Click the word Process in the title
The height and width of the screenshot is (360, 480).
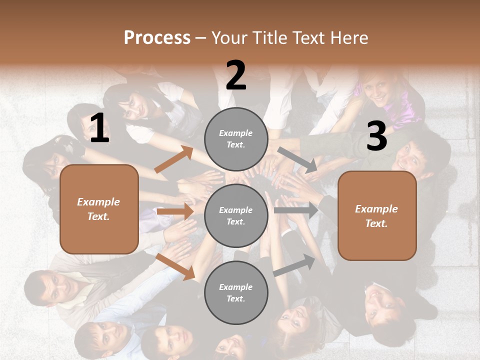click(157, 38)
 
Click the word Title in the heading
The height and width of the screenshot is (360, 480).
click(268, 38)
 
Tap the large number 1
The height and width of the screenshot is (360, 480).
click(99, 128)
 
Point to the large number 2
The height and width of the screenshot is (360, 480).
click(236, 75)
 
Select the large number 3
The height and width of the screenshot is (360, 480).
click(376, 136)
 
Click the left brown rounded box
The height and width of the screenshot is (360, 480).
click(99, 209)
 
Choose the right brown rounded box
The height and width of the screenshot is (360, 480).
click(377, 216)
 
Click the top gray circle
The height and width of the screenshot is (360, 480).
click(236, 139)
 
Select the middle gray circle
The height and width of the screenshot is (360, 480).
click(236, 216)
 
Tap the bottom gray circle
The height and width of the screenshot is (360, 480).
click(236, 293)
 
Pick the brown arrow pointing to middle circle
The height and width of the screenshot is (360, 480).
click(175, 211)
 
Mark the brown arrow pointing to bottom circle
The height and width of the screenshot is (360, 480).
click(175, 266)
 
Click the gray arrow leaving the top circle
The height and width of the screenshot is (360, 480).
click(297, 160)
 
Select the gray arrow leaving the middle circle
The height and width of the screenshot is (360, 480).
click(295, 210)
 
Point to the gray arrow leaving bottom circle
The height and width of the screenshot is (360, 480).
click(294, 265)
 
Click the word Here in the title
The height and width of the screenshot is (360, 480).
click(349, 38)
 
